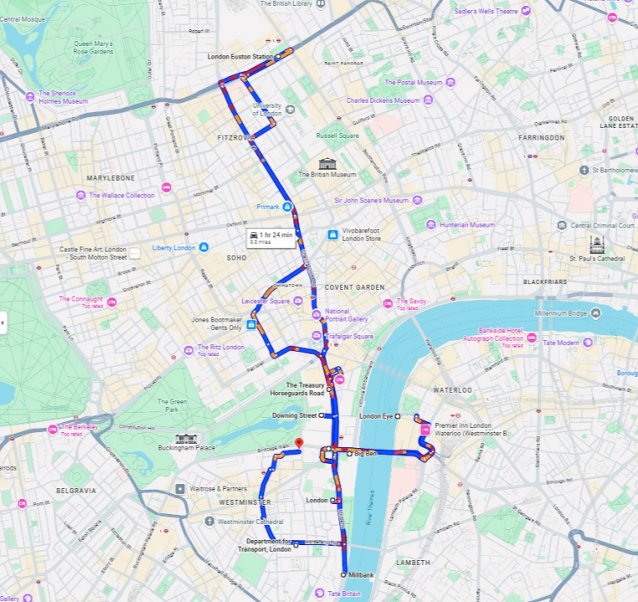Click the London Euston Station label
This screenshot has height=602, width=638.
click(x=239, y=57)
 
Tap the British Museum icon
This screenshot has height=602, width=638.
click(x=327, y=162)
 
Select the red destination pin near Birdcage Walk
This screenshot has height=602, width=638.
click(x=299, y=442)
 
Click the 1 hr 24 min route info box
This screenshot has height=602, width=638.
click(x=270, y=238)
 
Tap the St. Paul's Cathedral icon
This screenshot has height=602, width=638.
click(x=596, y=244)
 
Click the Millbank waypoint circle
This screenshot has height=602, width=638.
click(x=343, y=574)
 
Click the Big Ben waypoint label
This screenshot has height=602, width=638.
click(x=365, y=454)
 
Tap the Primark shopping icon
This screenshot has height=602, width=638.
click(x=287, y=206)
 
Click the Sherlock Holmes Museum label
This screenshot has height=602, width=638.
click(x=63, y=97)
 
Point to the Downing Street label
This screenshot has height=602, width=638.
click(x=294, y=415)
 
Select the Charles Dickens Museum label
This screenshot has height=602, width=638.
click(x=383, y=100)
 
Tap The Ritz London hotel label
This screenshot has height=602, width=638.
click(x=221, y=347)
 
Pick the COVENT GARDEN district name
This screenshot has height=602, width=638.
click(x=354, y=287)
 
